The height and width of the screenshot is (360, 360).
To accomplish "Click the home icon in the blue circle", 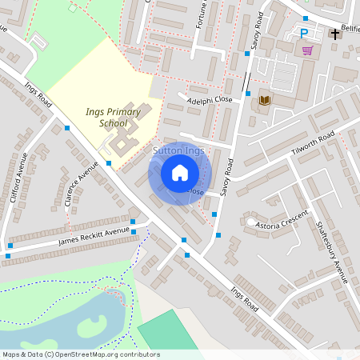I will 180,172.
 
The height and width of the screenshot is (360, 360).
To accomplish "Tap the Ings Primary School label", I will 114,118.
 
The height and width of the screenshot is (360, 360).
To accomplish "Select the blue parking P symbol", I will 303,33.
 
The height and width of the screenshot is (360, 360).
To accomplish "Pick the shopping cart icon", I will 307,50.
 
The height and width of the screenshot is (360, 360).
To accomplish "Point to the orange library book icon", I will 264,100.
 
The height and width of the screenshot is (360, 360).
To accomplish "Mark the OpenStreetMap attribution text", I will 81,354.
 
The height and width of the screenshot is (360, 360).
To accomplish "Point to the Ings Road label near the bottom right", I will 246,299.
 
